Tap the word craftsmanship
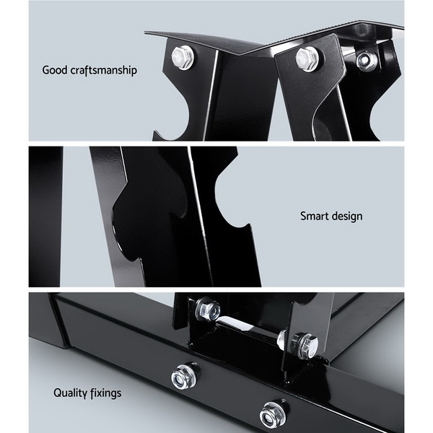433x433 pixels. (x=104, y=71)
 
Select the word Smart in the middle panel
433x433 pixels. (x=314, y=216)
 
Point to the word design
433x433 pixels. (x=347, y=216)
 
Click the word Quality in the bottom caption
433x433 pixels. (x=69, y=393)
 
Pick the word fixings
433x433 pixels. (x=105, y=393)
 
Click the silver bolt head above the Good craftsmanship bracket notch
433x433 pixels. (x=183, y=57)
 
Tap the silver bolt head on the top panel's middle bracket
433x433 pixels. (x=306, y=58)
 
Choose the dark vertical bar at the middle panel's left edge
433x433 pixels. (x=45, y=216)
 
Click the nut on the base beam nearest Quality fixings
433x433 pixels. (x=184, y=376)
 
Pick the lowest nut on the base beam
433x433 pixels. (x=273, y=414)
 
